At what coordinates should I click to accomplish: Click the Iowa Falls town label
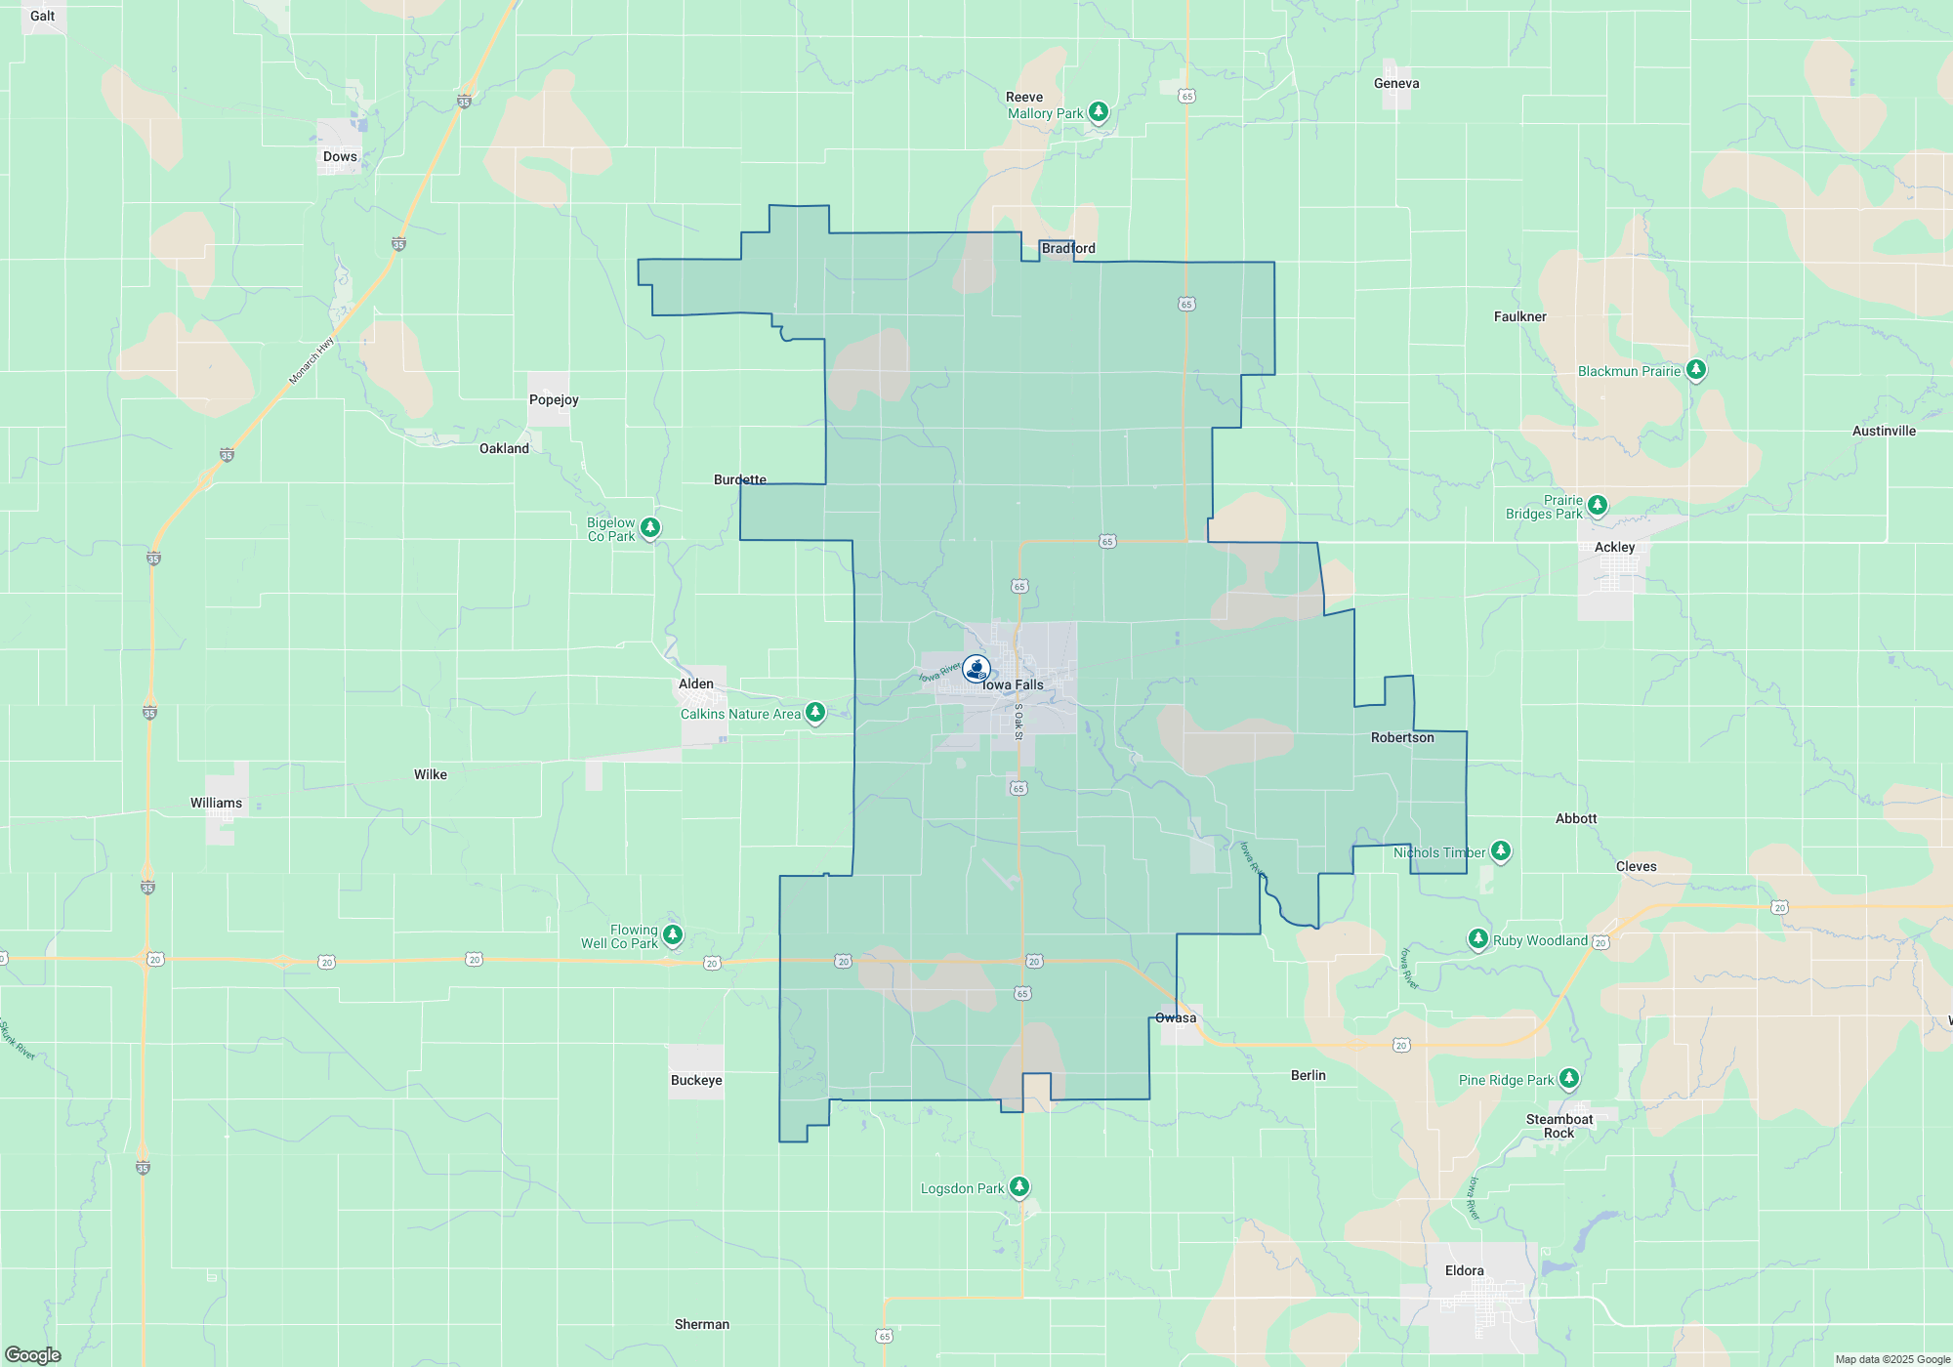coord(1013,685)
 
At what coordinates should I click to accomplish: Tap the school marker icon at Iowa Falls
coord(976,669)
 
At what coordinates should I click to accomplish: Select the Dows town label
coord(340,156)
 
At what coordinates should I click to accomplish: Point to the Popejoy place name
coord(554,399)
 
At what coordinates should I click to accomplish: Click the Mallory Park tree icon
coord(1099,112)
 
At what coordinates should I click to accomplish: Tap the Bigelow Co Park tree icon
coord(650,527)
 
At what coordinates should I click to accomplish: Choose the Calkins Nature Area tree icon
coord(815,712)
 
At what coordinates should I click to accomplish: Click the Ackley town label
coord(1614,547)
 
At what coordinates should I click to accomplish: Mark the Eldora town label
coord(1464,1270)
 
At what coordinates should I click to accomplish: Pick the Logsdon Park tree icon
coord(1019,1186)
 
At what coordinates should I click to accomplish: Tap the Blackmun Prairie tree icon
coord(1696,369)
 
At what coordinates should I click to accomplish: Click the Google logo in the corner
coord(33,1355)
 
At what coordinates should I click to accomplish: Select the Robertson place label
coord(1402,737)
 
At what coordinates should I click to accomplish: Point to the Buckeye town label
coord(696,1080)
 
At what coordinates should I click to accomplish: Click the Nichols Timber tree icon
coord(1501,850)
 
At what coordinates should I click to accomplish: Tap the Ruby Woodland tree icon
coord(1477,939)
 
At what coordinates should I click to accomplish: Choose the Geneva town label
coord(1396,83)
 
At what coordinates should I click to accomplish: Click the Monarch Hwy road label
coord(312,360)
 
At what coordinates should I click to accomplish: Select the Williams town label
coord(216,803)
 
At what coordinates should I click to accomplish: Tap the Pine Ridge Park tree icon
coord(1569,1078)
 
